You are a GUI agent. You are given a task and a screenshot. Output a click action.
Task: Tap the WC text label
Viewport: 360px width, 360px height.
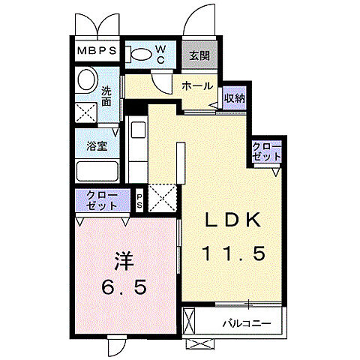(x=160, y=53)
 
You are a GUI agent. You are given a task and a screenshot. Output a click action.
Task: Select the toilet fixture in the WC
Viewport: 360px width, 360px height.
(x=139, y=53)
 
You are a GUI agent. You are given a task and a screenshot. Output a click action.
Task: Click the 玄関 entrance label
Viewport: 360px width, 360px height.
(x=199, y=55)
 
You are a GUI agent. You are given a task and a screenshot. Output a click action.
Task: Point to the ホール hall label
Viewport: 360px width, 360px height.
(x=197, y=86)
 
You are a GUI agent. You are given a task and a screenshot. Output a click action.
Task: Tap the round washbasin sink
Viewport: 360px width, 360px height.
(x=86, y=80)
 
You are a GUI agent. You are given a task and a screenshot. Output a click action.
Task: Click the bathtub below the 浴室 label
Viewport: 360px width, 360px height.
(x=96, y=172)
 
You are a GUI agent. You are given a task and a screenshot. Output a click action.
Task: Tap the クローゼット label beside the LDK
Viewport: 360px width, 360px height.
(x=266, y=151)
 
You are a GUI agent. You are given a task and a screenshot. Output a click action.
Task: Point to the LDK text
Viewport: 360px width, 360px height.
(x=233, y=220)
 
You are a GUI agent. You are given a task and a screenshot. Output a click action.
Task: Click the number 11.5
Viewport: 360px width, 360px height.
(x=233, y=253)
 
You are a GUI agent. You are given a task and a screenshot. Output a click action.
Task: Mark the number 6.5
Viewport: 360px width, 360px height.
(x=124, y=288)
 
